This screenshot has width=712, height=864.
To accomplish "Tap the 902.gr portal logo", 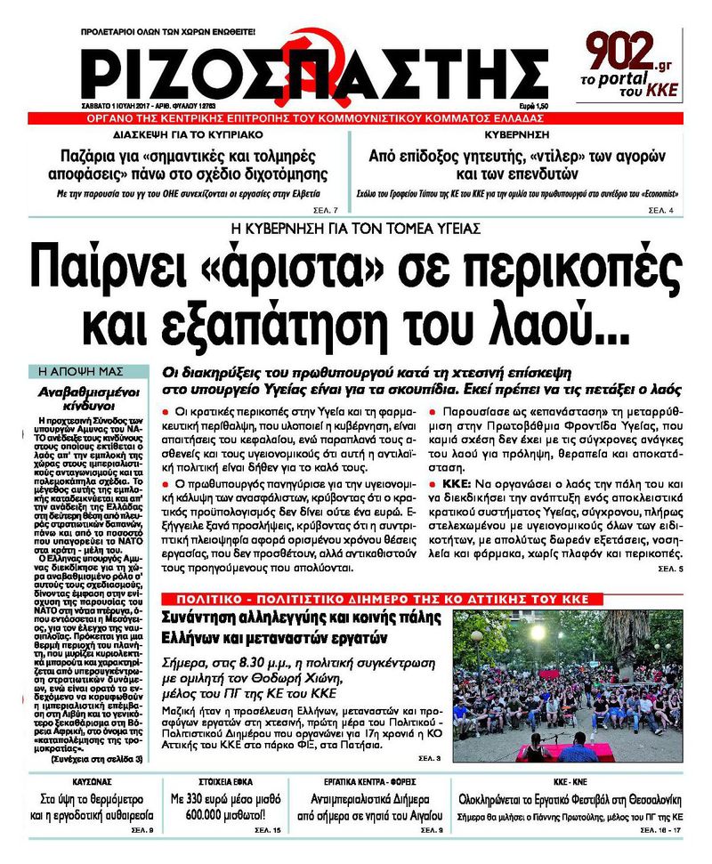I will point(633,65).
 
